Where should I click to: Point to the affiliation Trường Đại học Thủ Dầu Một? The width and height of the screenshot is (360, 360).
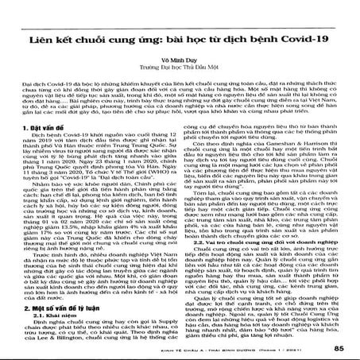click(x=179, y=67)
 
